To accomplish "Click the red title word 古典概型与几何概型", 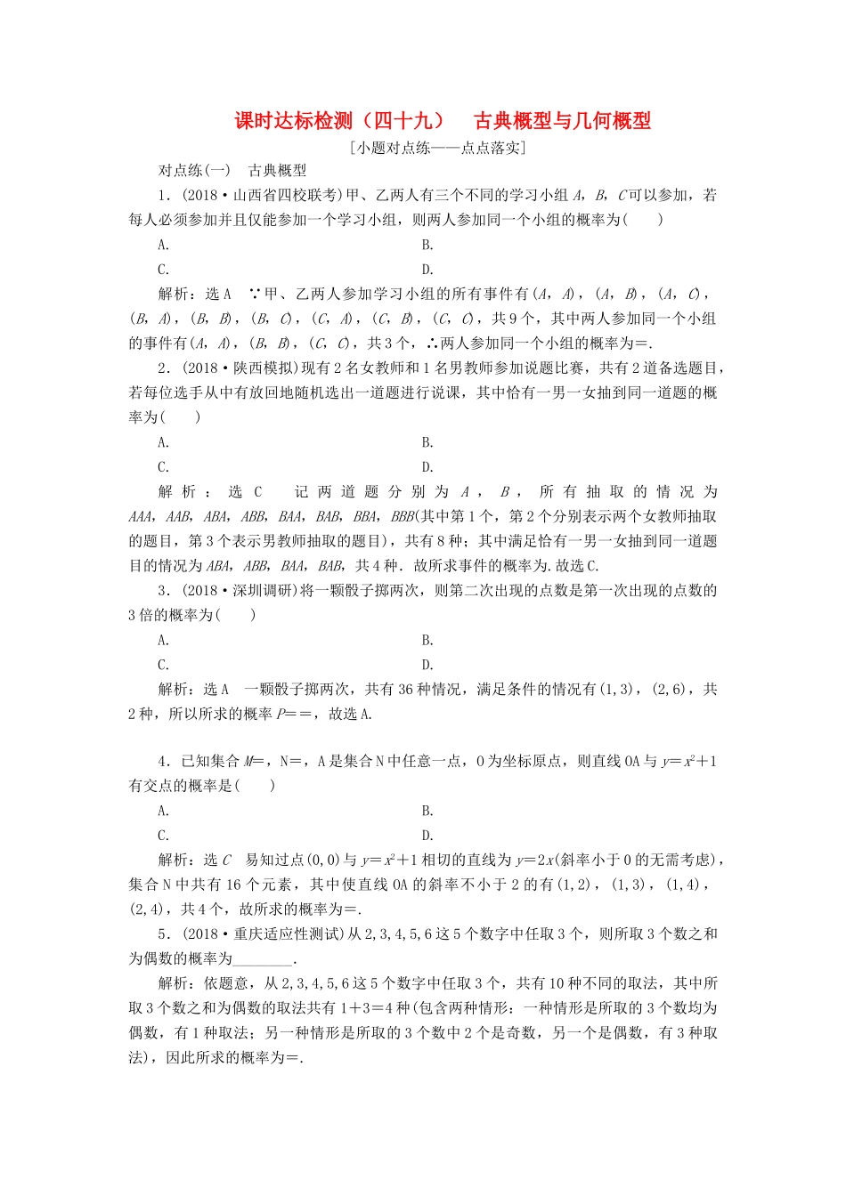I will [562, 121].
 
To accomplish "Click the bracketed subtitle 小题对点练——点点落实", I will [439, 148].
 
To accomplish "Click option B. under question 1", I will [427, 246].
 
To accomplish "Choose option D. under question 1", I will [427, 270].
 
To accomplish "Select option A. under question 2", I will [164, 443].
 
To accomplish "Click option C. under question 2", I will [164, 467].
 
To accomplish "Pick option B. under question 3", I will [427, 641].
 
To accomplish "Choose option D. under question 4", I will [427, 836].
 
